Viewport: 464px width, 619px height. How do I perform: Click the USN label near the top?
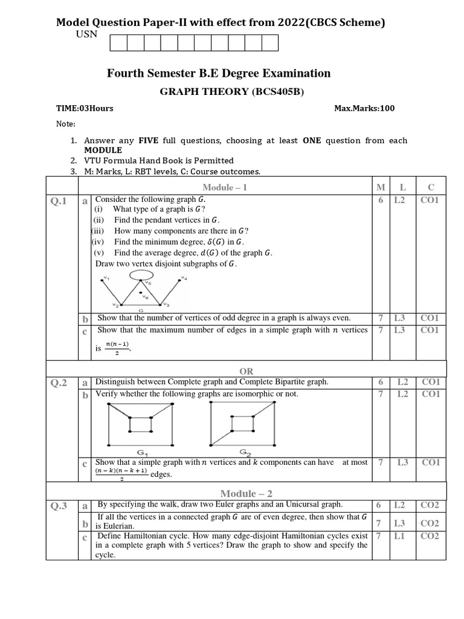tap(86, 35)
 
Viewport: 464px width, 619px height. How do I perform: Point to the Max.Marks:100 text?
tap(364, 109)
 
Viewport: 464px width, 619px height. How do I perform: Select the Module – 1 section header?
tap(225, 187)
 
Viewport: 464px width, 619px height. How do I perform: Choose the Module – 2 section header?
tap(245, 493)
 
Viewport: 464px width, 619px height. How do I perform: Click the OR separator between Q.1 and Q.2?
tap(246, 371)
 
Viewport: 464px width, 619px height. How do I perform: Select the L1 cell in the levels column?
tap(399, 536)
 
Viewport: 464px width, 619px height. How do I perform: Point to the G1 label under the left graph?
tap(143, 452)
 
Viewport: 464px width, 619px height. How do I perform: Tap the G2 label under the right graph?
tap(245, 452)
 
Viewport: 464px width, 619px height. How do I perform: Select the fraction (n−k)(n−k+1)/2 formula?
tap(121, 474)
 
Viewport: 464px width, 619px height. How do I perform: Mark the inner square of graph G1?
tap(141, 425)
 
